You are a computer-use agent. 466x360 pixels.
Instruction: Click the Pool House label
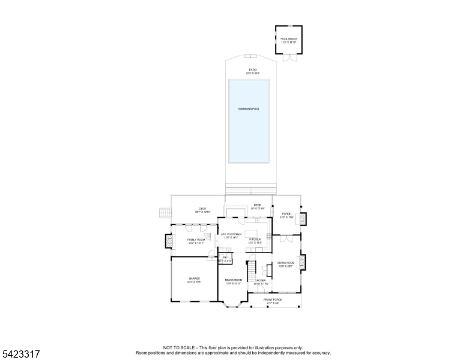pos(289,41)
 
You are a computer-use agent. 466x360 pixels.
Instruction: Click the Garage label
pos(194,280)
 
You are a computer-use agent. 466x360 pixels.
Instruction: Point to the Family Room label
pos(196,241)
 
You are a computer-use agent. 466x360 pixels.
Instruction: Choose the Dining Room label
pos(233,281)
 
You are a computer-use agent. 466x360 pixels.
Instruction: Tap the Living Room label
pos(286,265)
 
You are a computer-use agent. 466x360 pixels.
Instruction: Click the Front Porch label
pos(273,301)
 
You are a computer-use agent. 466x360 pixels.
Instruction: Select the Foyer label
pos(261,281)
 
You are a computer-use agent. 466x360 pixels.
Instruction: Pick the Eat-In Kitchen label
pos(231,235)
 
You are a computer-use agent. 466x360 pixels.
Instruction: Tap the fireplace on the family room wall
pos(168,241)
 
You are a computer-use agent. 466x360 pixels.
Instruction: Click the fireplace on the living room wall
pos(303,262)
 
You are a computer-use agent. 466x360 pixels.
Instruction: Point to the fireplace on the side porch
pos(303,218)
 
